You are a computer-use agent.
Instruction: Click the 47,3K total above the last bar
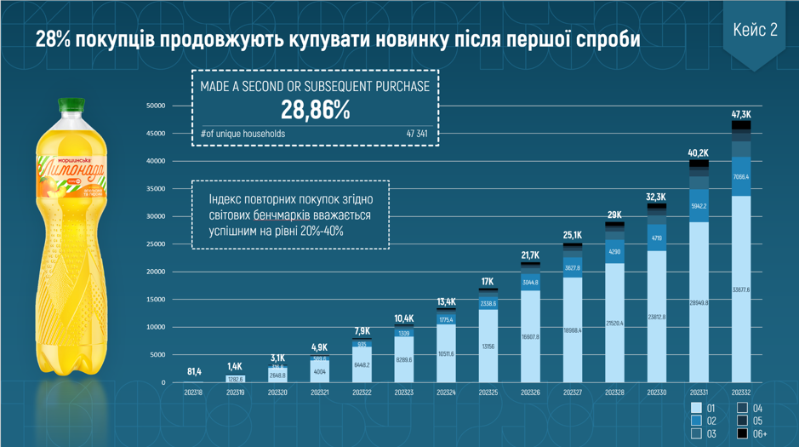pyautogui.click(x=741, y=114)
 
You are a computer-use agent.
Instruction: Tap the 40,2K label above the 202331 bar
pyautogui.click(x=699, y=153)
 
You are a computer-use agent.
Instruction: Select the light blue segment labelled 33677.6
pyautogui.click(x=741, y=289)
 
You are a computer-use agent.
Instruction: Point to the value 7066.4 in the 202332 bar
pyautogui.click(x=741, y=176)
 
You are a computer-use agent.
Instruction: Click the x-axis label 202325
pyautogui.click(x=488, y=393)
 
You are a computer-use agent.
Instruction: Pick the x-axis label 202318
pyautogui.click(x=194, y=393)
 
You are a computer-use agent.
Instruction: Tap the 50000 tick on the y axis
pyautogui.click(x=156, y=106)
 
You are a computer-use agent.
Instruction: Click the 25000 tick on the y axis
pyautogui.click(x=156, y=244)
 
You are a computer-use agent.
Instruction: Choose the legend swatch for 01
pyautogui.click(x=697, y=408)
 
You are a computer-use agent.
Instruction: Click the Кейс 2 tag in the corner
pyautogui.click(x=755, y=31)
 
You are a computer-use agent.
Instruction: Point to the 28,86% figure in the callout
pyautogui.click(x=315, y=110)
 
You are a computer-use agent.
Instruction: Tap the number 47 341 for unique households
pyautogui.click(x=416, y=134)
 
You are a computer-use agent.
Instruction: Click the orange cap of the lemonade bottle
pyautogui.click(x=71, y=106)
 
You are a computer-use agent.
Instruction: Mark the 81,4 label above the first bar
pyautogui.click(x=194, y=371)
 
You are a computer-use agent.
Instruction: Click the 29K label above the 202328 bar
pyautogui.click(x=614, y=215)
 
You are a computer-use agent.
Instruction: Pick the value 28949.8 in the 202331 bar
pyautogui.click(x=699, y=302)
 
